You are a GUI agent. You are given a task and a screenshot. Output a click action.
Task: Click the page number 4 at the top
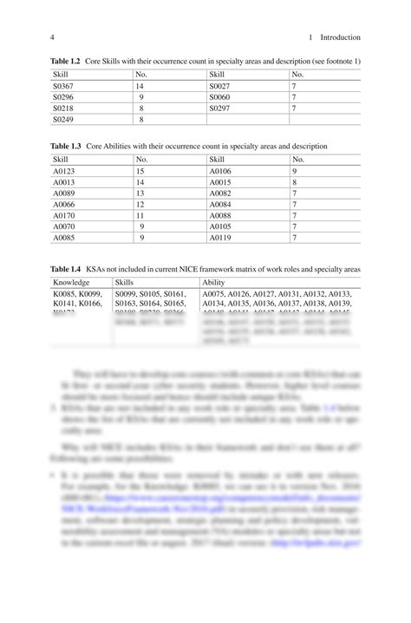pos(52,37)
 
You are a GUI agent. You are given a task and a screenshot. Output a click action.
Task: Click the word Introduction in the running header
pos(340,37)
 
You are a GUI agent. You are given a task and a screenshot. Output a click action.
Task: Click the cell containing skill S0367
pos(65,87)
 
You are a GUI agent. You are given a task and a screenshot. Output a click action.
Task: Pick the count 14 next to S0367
pos(139,87)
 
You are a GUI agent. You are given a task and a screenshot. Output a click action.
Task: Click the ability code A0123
pos(65,172)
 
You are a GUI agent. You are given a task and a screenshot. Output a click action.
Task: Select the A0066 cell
pos(65,204)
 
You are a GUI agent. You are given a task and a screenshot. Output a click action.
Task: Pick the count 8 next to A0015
pos(295,182)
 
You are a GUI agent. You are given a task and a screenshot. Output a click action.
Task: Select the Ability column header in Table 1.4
pos(213,283)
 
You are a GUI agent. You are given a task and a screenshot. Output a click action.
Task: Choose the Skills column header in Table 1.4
pos(125,283)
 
